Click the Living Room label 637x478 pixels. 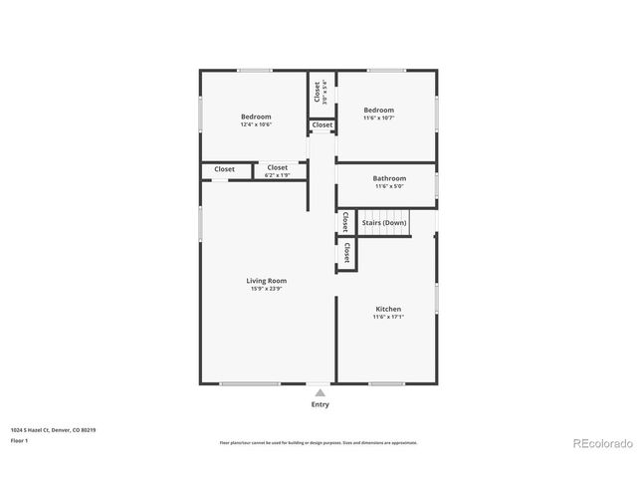[x=267, y=281]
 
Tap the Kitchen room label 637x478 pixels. [x=388, y=309]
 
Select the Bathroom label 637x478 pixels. [x=389, y=178]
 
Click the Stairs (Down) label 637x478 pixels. [x=383, y=222]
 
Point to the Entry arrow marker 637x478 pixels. [x=319, y=393]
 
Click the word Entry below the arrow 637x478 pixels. [x=319, y=404]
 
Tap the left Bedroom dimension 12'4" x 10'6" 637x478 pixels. [x=256, y=124]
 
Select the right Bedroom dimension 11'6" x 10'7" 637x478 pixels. [x=378, y=119]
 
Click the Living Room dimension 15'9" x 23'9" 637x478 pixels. [x=267, y=289]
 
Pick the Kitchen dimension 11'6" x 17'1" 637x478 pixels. [x=388, y=317]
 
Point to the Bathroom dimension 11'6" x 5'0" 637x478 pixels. [x=389, y=186]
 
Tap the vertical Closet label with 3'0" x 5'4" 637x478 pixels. [x=318, y=92]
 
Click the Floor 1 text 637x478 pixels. [x=20, y=440]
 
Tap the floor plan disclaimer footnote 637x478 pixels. [x=318, y=442]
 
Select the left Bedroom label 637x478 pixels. [x=256, y=117]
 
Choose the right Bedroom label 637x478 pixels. [x=378, y=111]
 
